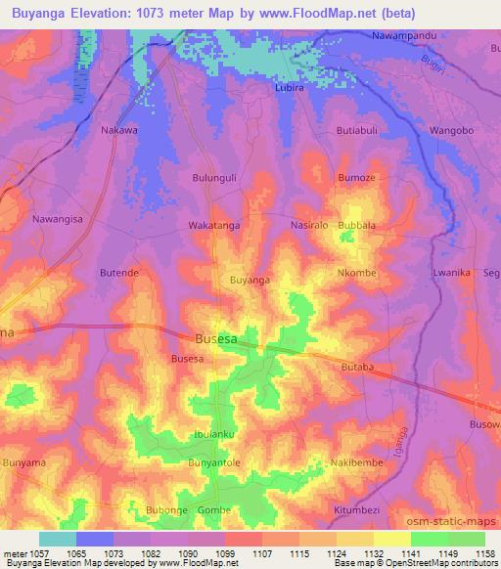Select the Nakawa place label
click(119, 129)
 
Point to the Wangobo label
click(452, 130)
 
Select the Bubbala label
click(356, 225)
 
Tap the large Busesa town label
click(216, 339)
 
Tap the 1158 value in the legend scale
click(480, 553)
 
